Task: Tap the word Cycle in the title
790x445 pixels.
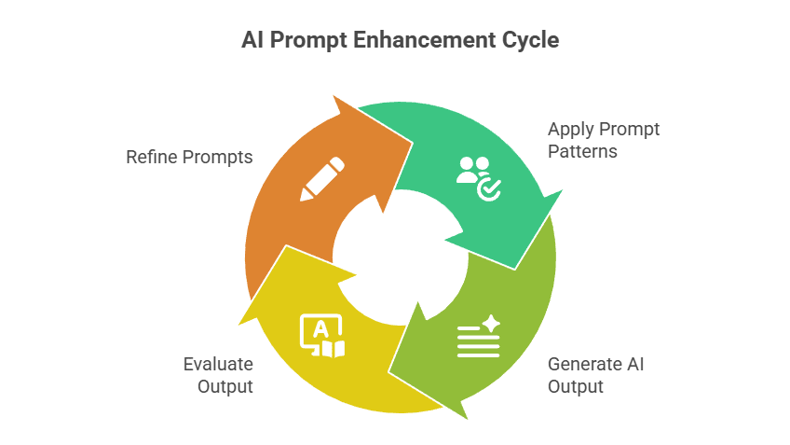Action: tap(528, 41)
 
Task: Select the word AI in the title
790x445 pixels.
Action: tap(250, 41)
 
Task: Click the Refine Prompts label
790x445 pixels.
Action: tap(189, 157)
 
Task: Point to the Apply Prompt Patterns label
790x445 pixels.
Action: tap(603, 140)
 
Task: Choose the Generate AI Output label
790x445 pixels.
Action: tap(595, 374)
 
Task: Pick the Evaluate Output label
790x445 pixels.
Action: tap(218, 374)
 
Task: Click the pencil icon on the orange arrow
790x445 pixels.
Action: tap(322, 178)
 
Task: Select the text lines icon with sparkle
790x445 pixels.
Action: tap(479, 337)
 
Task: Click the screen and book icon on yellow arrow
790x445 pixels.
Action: tap(322, 337)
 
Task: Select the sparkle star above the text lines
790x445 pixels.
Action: tap(491, 323)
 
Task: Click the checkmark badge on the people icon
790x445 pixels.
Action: tap(489, 190)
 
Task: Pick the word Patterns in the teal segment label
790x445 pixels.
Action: tap(582, 151)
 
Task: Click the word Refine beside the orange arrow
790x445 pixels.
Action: tap(149, 157)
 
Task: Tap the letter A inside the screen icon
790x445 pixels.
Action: tap(320, 328)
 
